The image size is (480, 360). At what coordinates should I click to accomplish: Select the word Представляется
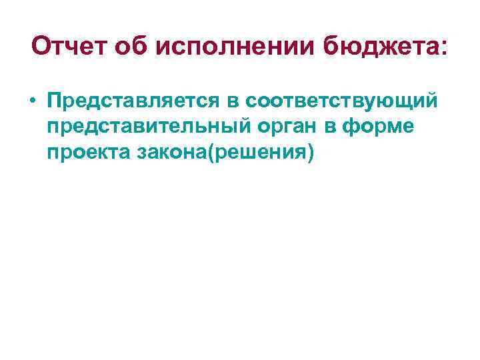pos(135,101)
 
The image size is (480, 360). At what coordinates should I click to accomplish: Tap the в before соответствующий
pos(234,101)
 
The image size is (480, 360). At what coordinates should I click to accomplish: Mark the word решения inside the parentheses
pos(260,154)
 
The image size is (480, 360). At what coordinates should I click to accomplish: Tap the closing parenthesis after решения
pos(309,154)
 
